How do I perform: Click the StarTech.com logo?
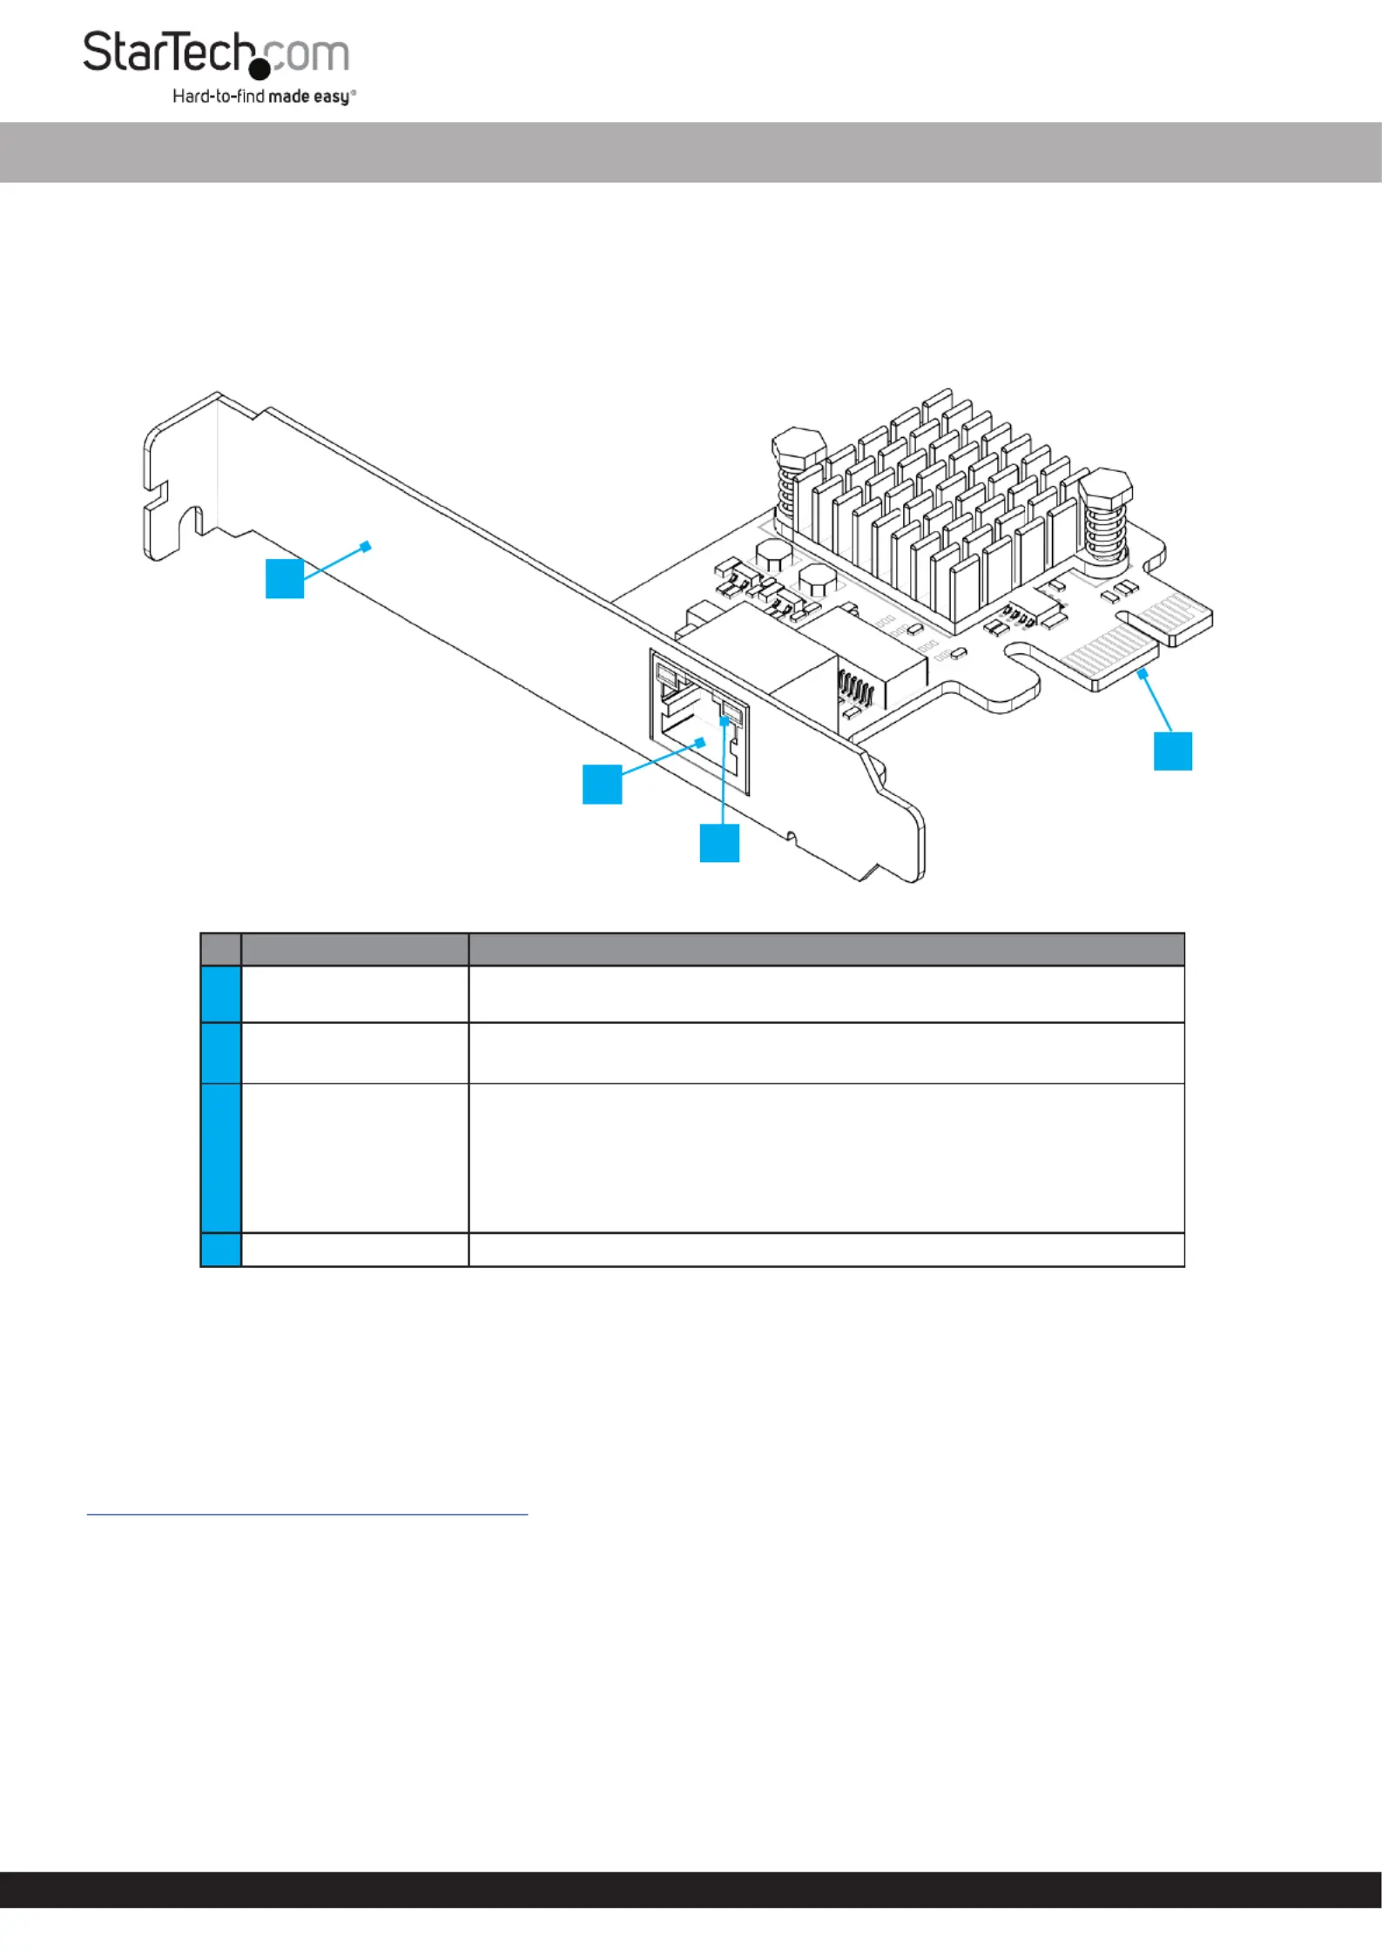[x=219, y=67]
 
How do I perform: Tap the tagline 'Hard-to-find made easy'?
[x=264, y=97]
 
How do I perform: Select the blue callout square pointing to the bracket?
[x=285, y=579]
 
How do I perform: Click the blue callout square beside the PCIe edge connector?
[x=1173, y=751]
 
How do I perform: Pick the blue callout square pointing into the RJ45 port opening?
[x=602, y=784]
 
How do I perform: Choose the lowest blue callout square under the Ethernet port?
[x=719, y=843]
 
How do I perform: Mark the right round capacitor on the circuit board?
[x=818, y=579]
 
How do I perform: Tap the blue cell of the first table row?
[x=221, y=994]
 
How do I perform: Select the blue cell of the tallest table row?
[x=221, y=1158]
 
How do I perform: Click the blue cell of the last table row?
[x=221, y=1250]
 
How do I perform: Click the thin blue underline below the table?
[x=307, y=1514]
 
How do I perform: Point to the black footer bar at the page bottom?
[x=691, y=1890]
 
